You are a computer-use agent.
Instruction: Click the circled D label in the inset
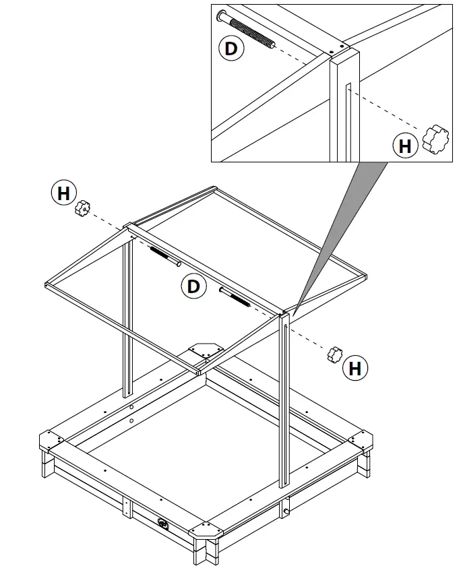230,49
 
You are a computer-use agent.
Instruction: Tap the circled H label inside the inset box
405,145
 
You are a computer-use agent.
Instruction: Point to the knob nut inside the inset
435,138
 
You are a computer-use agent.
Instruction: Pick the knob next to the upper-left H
83,208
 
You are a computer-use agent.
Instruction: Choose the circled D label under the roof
194,287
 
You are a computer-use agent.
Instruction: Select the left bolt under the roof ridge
164,256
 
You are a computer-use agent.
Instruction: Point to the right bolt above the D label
237,296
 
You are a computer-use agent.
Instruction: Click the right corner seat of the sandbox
365,441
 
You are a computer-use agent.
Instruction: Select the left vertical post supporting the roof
126,317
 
